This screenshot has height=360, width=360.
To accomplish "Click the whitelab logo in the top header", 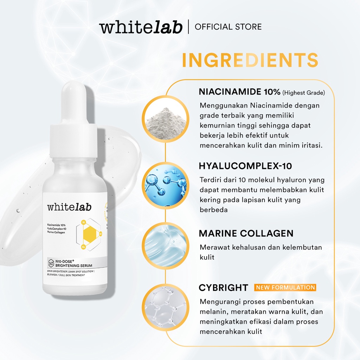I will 141,27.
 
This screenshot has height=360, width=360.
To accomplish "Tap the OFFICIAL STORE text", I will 228,27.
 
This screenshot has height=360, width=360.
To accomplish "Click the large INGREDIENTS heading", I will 250,60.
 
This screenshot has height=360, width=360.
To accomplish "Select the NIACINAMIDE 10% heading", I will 239,92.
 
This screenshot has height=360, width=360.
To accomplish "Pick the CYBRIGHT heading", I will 223,288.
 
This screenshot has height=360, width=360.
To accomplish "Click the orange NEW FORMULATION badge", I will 285,288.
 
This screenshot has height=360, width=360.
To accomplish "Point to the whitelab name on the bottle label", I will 69,207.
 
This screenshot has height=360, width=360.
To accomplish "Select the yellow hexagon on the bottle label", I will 88,233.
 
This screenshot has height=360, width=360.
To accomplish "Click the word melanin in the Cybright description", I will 213,312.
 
